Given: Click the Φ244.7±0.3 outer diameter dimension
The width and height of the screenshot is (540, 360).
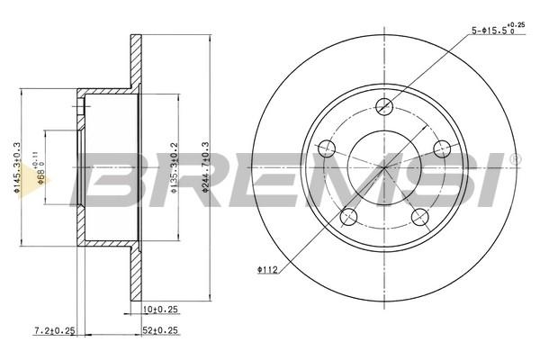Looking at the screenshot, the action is (205, 166).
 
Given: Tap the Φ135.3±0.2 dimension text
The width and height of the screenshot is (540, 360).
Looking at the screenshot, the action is (175, 167).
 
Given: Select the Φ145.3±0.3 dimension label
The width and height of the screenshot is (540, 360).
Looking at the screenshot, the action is (16, 166).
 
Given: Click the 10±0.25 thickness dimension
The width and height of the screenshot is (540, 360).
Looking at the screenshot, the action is (160, 310).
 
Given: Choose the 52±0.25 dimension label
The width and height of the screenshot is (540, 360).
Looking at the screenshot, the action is (160, 330).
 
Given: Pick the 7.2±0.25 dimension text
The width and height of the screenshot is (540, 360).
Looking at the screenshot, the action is (55, 330).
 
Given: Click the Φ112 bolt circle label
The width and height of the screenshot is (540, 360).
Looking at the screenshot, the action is (267, 270).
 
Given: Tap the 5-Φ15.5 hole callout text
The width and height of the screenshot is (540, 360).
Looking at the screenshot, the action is (498, 30).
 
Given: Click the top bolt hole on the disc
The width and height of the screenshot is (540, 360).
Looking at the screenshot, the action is (384, 106).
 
